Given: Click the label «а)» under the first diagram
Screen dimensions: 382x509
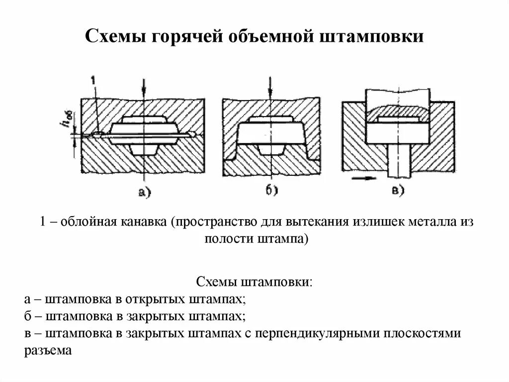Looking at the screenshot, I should coord(145,192).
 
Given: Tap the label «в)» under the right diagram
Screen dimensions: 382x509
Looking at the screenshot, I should coord(399,190).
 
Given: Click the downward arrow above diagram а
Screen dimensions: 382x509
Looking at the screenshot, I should coord(143,88).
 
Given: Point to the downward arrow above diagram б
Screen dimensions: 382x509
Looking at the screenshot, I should coord(270,88).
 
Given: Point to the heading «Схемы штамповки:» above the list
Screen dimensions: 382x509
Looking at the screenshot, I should coord(254,282).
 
